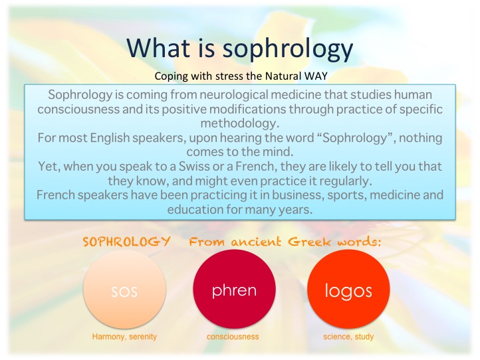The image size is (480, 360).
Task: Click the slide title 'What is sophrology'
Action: (x=239, y=48)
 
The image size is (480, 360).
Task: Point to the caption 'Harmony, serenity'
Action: (x=124, y=337)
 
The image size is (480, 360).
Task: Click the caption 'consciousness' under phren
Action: (x=233, y=337)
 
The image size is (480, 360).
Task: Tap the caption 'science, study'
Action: (x=348, y=337)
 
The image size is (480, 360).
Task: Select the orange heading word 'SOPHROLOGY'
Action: (x=126, y=242)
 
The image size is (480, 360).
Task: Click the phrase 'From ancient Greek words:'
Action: (x=285, y=242)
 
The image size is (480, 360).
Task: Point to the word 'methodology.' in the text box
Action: (x=239, y=124)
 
